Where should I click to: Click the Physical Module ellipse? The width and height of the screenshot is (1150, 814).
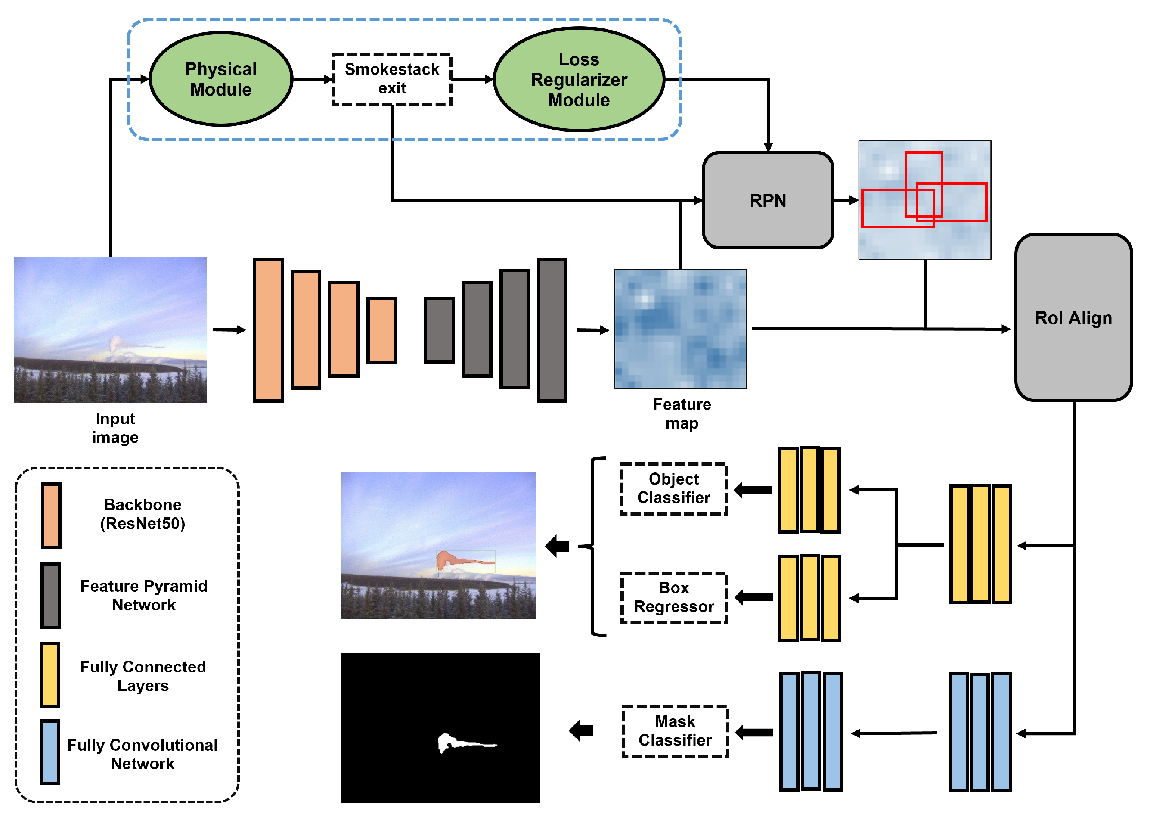[x=221, y=79]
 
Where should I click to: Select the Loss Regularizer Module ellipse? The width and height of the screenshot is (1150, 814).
[x=579, y=79]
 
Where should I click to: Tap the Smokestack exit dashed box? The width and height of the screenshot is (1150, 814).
[x=392, y=79]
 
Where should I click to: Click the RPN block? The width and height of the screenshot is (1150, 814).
[x=768, y=201]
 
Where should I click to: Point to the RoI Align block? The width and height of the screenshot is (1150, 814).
[x=1073, y=318]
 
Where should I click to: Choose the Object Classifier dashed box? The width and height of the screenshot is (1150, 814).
[x=673, y=489]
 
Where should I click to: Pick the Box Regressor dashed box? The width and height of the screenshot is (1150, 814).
[x=673, y=597]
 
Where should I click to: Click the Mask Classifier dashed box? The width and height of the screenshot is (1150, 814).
[x=675, y=731]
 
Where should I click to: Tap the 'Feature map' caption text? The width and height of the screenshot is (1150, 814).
[x=682, y=414]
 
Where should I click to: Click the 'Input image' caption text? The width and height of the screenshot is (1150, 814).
[x=115, y=428]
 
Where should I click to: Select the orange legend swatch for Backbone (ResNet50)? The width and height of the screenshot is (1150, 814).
[x=51, y=515]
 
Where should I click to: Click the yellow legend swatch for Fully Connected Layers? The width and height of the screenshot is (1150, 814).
[x=50, y=674]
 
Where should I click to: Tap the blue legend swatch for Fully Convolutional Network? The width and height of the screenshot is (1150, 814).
[x=50, y=752]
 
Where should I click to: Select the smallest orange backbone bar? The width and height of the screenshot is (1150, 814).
[x=381, y=330]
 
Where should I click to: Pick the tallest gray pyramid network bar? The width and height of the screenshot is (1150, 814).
[x=552, y=330]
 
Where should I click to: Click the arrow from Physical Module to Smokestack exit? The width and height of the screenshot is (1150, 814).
[x=313, y=79]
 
